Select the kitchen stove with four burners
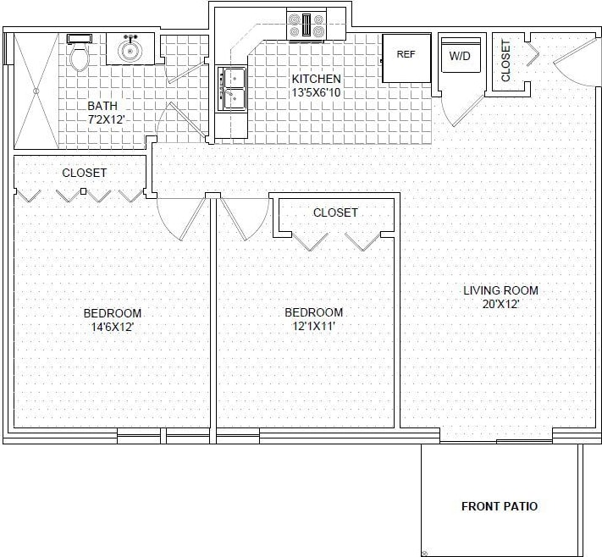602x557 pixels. (x=306, y=25)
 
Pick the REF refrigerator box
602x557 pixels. (x=406, y=56)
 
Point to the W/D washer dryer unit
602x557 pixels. (x=460, y=56)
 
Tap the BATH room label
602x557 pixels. (x=102, y=106)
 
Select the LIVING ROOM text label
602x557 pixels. (x=500, y=290)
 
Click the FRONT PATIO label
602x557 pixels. (x=499, y=506)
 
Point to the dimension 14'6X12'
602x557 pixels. (x=112, y=326)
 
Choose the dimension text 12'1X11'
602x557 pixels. (x=313, y=326)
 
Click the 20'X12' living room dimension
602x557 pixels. (x=500, y=304)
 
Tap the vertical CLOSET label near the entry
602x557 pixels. (x=505, y=61)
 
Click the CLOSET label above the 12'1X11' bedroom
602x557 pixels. (x=335, y=212)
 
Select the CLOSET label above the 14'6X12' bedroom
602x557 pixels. (x=85, y=173)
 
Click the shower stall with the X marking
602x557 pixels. (x=35, y=89)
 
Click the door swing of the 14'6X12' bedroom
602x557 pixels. (x=180, y=218)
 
